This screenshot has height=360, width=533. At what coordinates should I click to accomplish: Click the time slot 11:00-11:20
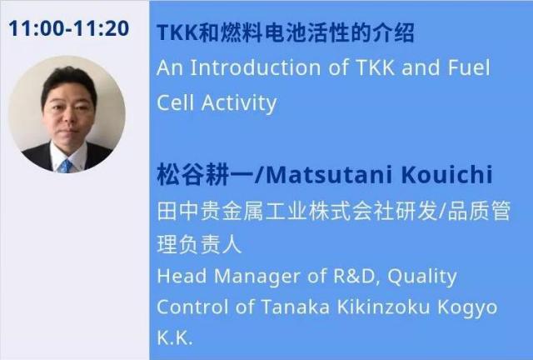coord(68,28)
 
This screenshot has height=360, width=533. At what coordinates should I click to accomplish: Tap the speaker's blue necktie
coord(65,166)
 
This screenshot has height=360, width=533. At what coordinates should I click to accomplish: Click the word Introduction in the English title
coord(256,67)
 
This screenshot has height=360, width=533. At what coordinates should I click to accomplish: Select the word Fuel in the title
coord(469,67)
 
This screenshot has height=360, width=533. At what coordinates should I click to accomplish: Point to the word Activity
coord(239,103)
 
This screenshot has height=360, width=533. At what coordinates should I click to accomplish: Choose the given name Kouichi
coord(446,175)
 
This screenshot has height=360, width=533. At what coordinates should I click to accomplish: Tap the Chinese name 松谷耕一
coord(205,175)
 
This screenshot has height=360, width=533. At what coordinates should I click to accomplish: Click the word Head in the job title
coord(182,276)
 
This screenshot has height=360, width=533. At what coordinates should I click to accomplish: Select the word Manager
coord(257,277)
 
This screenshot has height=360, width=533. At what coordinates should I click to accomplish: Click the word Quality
coord(422,277)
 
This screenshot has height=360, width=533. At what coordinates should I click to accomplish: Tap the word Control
coord(192,307)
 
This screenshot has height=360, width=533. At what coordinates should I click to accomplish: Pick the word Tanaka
coord(295,307)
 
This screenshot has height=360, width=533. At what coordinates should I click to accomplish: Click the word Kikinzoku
coord(383,307)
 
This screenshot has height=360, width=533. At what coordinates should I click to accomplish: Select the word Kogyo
coord(467,308)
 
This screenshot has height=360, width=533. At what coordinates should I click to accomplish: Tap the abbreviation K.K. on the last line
coord(175,337)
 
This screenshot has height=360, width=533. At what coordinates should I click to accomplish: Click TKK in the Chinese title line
coord(177,33)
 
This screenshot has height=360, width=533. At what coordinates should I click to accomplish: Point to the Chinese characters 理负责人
coord(199,244)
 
